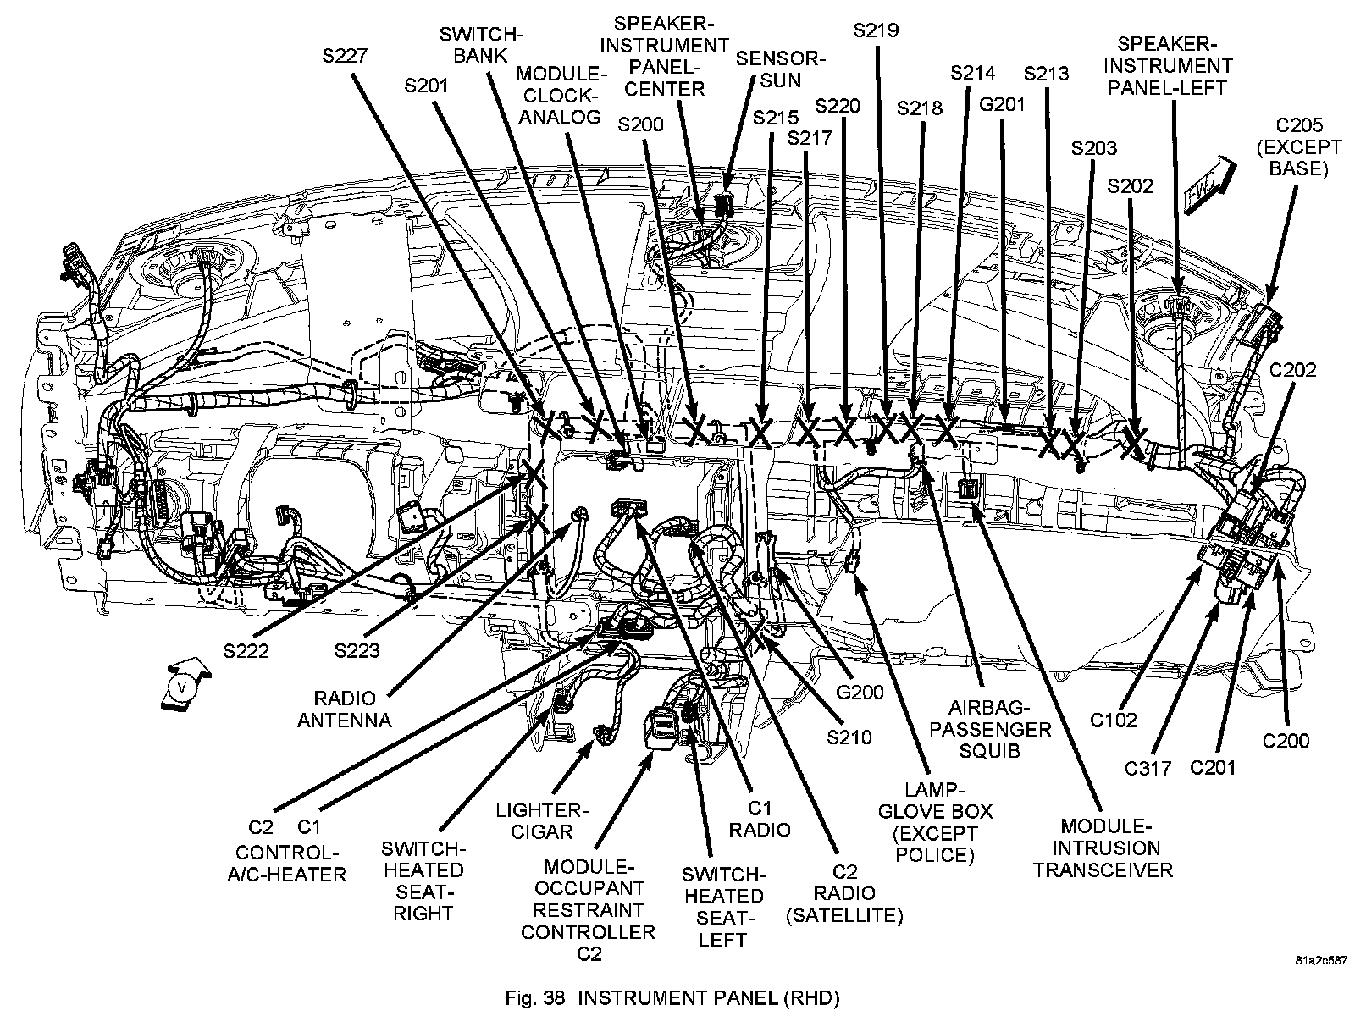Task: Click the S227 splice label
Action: [345, 56]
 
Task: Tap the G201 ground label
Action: [1002, 104]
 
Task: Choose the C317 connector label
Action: [1148, 768]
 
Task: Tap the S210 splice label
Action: [849, 737]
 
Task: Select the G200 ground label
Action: [860, 692]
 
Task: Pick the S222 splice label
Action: [247, 650]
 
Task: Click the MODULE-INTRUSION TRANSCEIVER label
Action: [1103, 848]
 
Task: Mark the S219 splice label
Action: [876, 31]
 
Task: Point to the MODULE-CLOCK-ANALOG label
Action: [559, 94]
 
